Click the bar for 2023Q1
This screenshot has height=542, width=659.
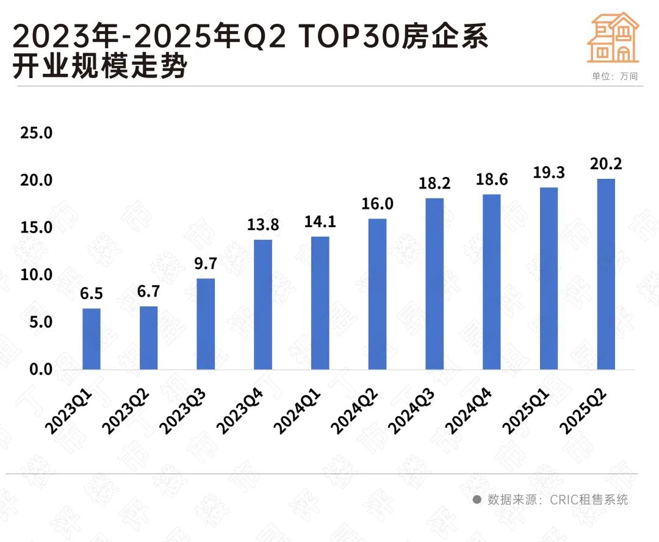point(92,339)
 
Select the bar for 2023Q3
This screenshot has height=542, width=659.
point(206,323)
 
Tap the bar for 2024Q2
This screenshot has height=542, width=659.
point(377,294)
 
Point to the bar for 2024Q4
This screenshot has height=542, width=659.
point(492,281)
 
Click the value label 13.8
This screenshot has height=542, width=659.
point(263,225)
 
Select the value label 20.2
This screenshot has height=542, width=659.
point(606,164)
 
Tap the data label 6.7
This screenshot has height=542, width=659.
point(148,292)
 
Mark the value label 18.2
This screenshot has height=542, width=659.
point(434,184)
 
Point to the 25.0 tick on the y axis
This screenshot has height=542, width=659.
point(37,133)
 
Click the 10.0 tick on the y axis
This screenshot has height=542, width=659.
point(37,275)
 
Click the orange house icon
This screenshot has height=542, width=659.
point(613,38)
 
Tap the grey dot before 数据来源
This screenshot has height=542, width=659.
point(477,500)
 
